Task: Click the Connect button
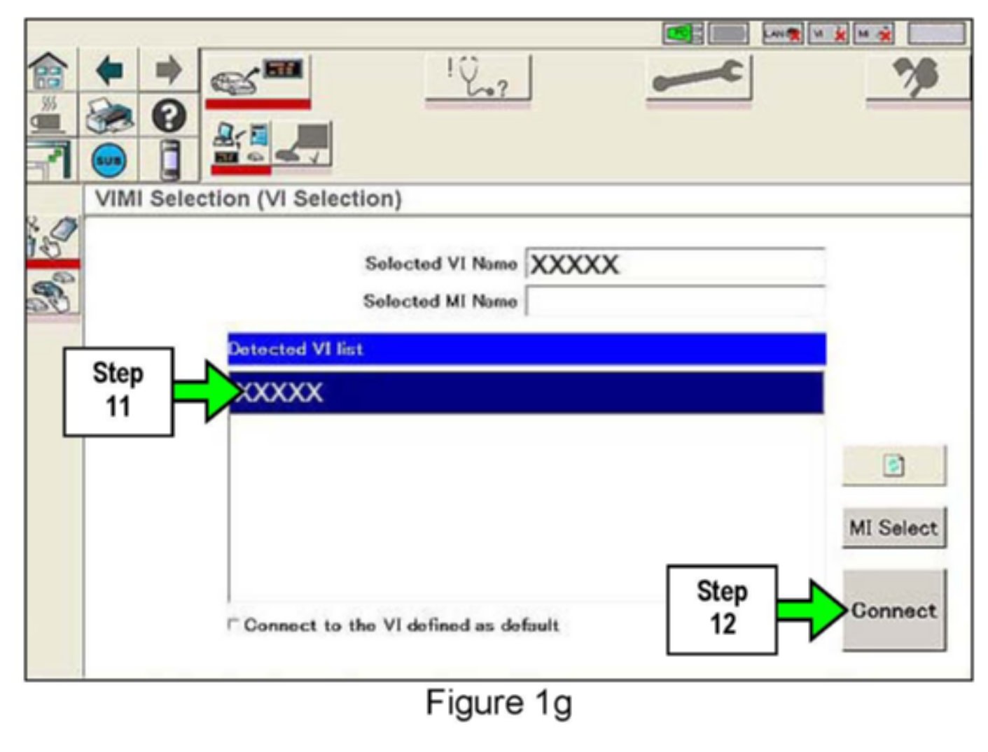click(x=893, y=611)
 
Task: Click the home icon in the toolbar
click(x=48, y=71)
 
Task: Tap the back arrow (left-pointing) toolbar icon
click(x=109, y=71)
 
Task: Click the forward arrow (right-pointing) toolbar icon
click(x=168, y=71)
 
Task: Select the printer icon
click(x=109, y=116)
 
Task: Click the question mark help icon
click(x=169, y=116)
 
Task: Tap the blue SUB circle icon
click(x=109, y=160)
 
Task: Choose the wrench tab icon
click(x=698, y=77)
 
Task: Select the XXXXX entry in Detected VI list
click(x=525, y=392)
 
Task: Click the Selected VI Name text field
click(x=674, y=264)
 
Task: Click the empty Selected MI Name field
click(x=674, y=301)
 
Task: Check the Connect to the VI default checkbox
click(x=233, y=624)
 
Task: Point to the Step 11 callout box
click(x=118, y=391)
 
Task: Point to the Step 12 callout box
click(x=721, y=609)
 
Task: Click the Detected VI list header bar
click(x=525, y=349)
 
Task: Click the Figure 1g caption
click(x=499, y=703)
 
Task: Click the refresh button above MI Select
click(x=893, y=465)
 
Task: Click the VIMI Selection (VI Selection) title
click(x=249, y=199)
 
